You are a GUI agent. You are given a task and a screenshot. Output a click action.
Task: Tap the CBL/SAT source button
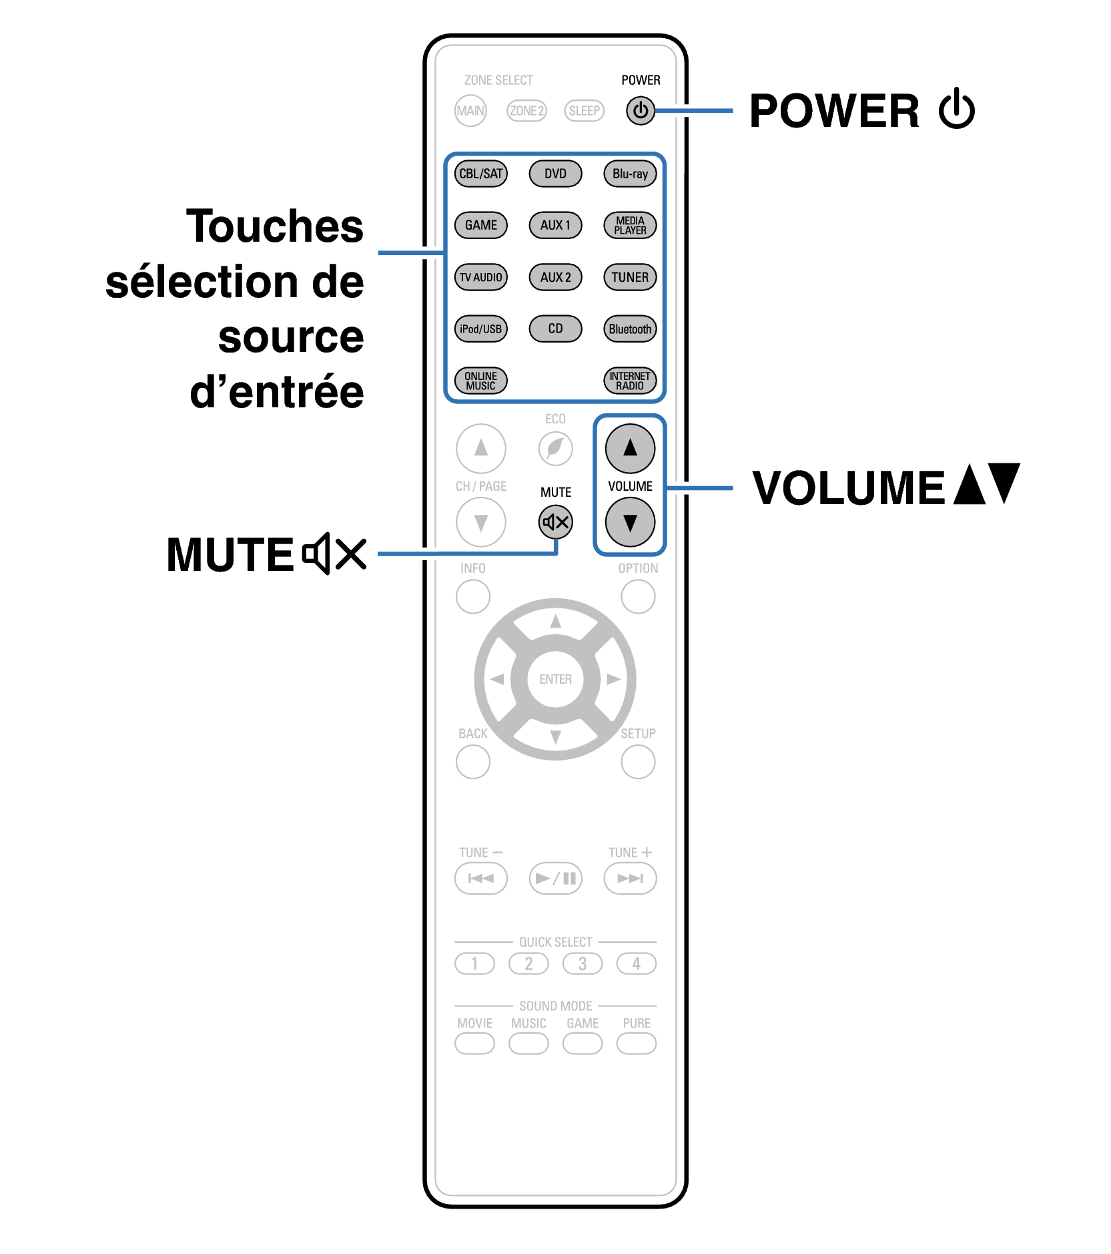pos(480,174)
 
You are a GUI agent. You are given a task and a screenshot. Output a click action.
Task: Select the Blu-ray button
pos(630,174)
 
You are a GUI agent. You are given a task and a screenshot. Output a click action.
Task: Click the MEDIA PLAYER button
pos(630,225)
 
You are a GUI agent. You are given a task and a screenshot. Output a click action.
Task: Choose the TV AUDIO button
pos(480,277)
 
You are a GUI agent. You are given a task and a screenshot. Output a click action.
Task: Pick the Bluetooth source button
pos(630,329)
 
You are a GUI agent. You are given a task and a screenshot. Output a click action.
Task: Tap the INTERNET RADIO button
pos(630,381)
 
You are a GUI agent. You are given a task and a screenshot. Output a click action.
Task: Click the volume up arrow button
pos(630,448)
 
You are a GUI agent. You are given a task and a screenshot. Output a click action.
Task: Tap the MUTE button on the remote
pos(555,522)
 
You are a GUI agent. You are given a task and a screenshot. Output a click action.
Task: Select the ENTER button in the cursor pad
pos(555,679)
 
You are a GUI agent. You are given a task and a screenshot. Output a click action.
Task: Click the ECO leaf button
pos(555,448)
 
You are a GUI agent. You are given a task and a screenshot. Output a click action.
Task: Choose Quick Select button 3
pos(583,964)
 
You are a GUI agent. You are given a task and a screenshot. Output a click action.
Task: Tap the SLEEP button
pos(584,111)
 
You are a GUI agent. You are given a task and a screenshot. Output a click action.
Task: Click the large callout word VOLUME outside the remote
pos(848,487)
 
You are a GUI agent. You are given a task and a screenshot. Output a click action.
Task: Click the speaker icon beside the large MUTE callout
pos(316,554)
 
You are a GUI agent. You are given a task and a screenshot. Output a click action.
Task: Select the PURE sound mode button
pos(637,1043)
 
